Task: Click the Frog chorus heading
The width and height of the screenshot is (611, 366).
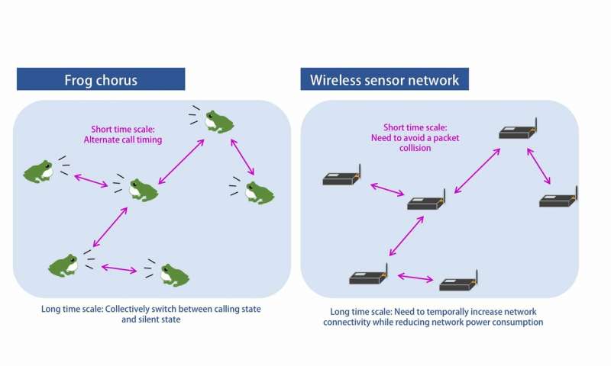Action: point(101,79)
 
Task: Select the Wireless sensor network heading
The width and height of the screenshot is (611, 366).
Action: point(384,79)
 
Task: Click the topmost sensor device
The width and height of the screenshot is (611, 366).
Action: point(516,132)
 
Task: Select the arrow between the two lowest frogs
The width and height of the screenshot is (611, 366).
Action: point(118,268)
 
